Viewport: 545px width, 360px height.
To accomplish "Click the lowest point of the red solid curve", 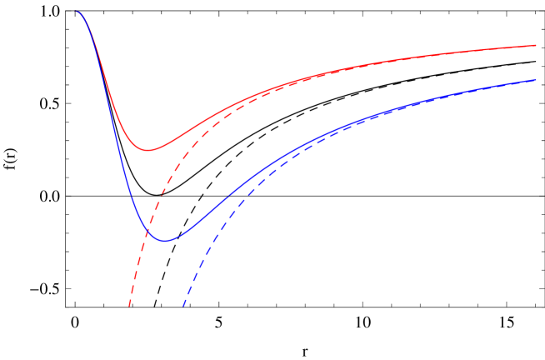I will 148,150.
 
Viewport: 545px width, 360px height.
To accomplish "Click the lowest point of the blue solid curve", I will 165,241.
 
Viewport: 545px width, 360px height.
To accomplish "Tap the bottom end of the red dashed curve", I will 129,306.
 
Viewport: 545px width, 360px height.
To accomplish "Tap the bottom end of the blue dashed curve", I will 183,306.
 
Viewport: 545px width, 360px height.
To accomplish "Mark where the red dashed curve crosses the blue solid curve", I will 148,227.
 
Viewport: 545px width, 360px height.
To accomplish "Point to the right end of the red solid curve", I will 535,45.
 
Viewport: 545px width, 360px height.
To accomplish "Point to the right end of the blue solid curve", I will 535,80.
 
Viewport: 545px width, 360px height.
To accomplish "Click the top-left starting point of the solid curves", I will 75,11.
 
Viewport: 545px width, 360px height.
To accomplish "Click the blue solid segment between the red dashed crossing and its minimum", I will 156,237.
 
